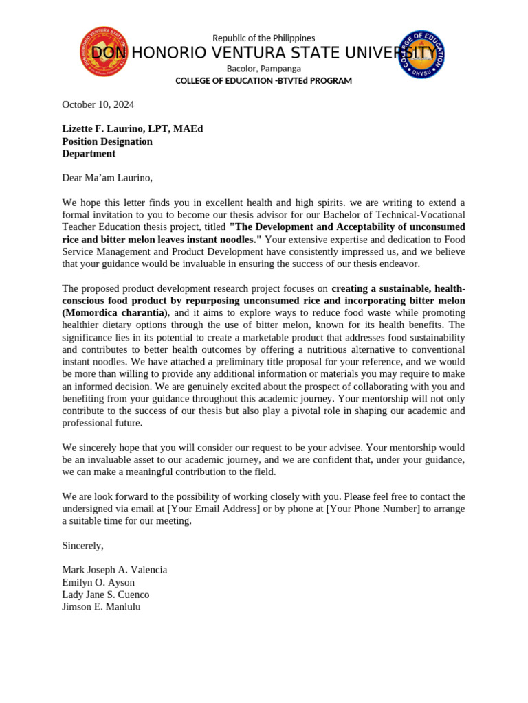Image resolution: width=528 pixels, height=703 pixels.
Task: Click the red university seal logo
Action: pyautogui.click(x=104, y=52)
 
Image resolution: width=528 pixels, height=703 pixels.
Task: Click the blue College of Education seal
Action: pyautogui.click(x=421, y=54)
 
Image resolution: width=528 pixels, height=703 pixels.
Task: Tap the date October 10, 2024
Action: pyautogui.click(x=98, y=104)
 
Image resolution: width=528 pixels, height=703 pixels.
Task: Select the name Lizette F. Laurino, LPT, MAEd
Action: pyautogui.click(x=132, y=129)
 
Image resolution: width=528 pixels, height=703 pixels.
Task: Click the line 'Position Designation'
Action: pyautogui.click(x=107, y=141)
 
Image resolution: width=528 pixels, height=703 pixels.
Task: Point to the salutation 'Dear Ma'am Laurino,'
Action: pyautogui.click(x=107, y=178)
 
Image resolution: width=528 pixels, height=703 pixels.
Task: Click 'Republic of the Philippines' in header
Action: pyautogui.click(x=263, y=38)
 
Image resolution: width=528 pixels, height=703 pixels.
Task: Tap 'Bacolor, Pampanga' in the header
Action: pyautogui.click(x=263, y=69)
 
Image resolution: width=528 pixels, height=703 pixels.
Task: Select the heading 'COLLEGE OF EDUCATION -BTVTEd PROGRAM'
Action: pyautogui.click(x=263, y=81)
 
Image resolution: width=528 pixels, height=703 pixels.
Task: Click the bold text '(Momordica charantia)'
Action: pyautogui.click(x=114, y=313)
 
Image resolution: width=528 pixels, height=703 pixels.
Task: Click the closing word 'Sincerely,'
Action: pyautogui.click(x=82, y=545)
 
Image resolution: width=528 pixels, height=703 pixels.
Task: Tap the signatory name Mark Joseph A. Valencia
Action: pyautogui.click(x=114, y=570)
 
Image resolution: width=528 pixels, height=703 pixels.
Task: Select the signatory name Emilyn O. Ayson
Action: pyautogui.click(x=98, y=582)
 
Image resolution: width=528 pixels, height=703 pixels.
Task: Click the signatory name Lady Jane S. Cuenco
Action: pyautogui.click(x=105, y=595)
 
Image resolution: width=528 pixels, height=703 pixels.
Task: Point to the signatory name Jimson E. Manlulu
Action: pyautogui.click(x=101, y=607)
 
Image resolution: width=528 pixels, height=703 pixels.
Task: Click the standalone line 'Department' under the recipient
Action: pyautogui.click(x=89, y=154)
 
